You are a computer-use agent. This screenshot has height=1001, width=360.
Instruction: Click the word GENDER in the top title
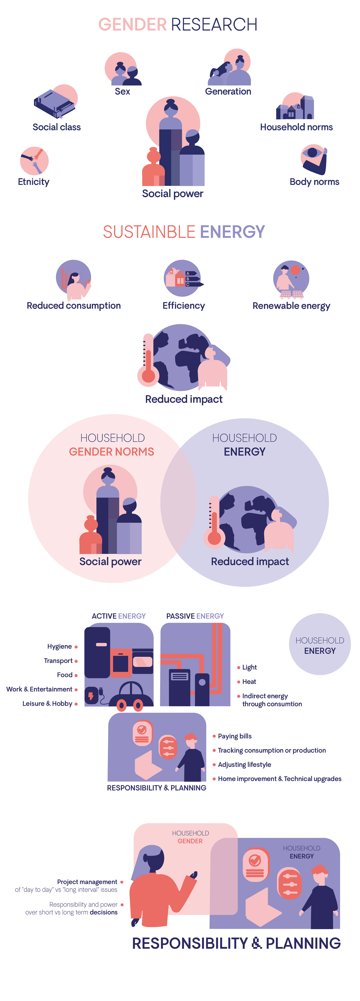click(133, 25)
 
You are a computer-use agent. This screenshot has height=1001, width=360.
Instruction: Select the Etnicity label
click(34, 182)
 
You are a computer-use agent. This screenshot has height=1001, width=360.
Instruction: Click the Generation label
click(228, 92)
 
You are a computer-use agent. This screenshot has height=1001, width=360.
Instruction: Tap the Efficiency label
click(184, 306)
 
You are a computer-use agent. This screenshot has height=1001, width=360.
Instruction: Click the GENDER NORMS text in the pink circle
click(112, 451)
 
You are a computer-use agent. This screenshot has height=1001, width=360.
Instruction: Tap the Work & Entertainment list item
click(39, 689)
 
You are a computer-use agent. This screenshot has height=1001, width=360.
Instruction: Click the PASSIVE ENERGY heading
click(195, 616)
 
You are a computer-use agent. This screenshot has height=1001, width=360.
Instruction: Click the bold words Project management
click(87, 882)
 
